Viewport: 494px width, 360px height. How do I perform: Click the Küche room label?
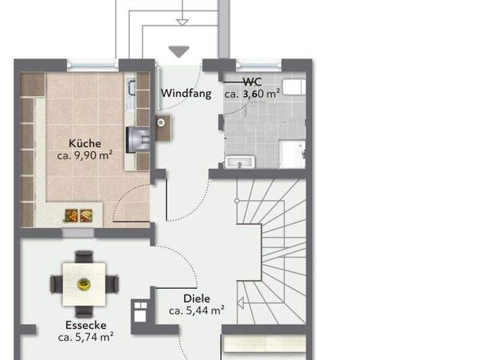point(85,144)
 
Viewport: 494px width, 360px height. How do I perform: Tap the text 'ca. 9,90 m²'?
point(85,156)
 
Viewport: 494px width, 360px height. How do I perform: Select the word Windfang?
point(186,93)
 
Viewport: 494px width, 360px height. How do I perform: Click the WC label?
point(252,82)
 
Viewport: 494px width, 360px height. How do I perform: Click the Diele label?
point(196,298)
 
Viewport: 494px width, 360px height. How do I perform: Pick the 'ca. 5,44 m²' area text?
point(196,310)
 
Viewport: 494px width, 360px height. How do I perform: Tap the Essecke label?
point(86,325)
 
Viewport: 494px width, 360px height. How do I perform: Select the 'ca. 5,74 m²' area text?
point(86,336)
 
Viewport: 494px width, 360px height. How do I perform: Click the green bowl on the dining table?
point(84,283)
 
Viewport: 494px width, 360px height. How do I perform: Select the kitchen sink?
point(132,92)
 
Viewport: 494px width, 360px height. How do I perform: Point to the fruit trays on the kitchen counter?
point(78,217)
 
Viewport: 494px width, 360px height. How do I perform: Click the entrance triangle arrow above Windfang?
point(178,51)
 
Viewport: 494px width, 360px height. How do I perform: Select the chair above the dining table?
point(84,257)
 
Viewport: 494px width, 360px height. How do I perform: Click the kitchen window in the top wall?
point(93,63)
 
